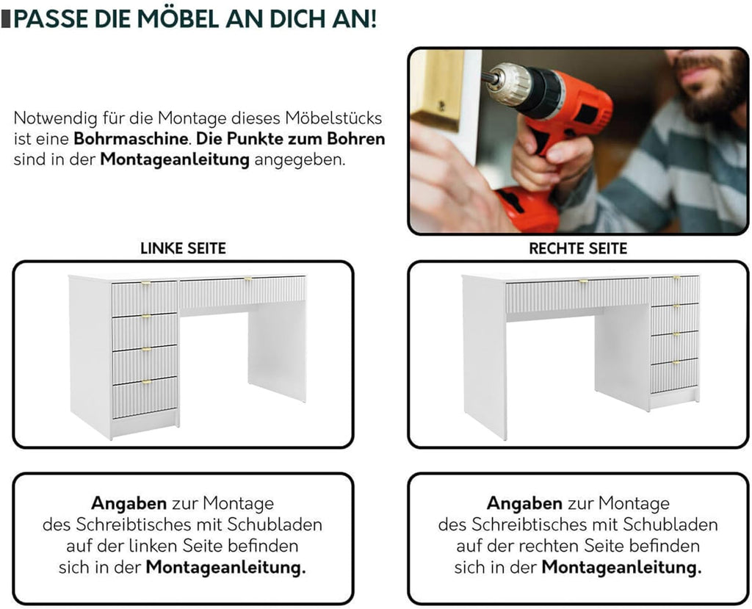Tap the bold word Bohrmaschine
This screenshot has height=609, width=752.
pos(130,139)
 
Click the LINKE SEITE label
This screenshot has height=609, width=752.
pos(183,248)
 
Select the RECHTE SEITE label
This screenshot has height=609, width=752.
pos(578,248)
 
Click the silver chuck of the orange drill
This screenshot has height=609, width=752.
pos(508,83)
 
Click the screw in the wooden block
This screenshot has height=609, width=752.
pos(441,106)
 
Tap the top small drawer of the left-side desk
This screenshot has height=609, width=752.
pos(145,298)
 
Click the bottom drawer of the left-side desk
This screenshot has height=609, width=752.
pos(145,397)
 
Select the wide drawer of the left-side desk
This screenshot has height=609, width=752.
pos(242,292)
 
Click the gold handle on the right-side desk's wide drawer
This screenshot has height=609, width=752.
pos(582,281)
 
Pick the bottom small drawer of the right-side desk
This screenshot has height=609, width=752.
pos(674,376)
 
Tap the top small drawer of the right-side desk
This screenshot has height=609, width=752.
pos(675,290)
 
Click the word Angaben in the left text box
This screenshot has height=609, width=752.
pos(129,503)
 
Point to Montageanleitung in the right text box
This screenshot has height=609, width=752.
pos(621,567)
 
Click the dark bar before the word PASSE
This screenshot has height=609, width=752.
pos(6,18)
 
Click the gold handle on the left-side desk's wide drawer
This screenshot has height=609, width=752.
pos(248,279)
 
